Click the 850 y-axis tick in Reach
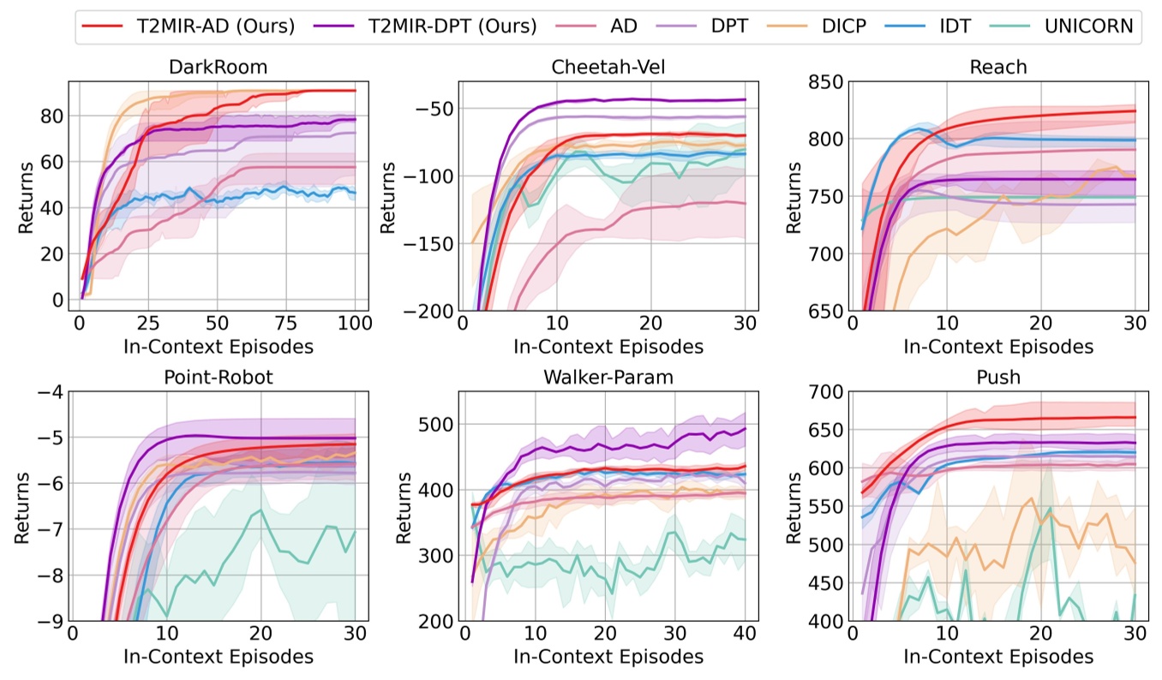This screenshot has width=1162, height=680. point(825,82)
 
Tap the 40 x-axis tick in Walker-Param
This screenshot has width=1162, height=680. point(744,635)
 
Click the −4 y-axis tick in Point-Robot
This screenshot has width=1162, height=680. point(46,392)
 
